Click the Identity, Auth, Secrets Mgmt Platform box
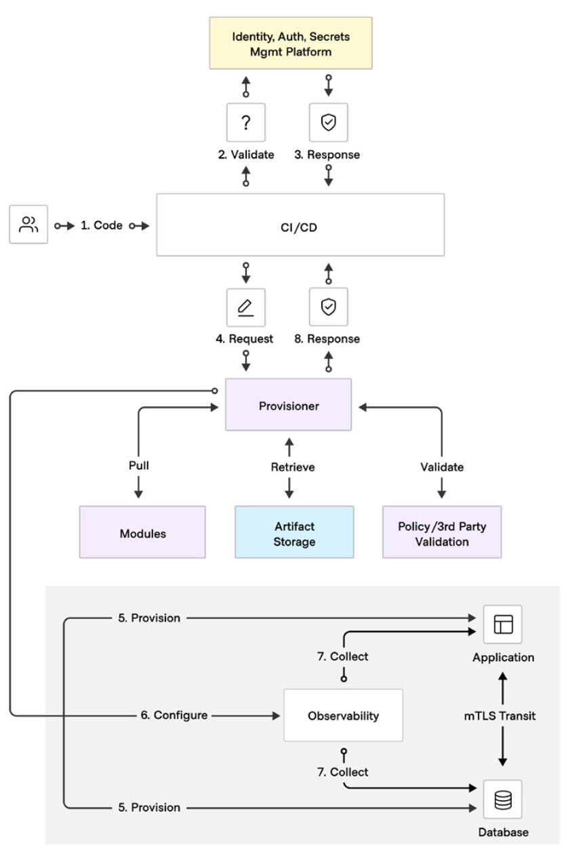291,43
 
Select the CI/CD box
300,224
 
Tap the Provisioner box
288,404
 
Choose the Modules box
142,532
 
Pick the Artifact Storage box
294,532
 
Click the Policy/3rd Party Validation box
442,532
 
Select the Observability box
343,715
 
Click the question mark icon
246,123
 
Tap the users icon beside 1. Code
28,224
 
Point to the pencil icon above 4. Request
245,307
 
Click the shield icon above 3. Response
329,122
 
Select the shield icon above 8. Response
329,307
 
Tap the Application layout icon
503,625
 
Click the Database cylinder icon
503,799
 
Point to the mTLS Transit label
500,715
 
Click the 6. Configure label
174,715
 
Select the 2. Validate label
246,155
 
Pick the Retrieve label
293,467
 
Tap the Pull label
139,465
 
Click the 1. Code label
102,225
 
